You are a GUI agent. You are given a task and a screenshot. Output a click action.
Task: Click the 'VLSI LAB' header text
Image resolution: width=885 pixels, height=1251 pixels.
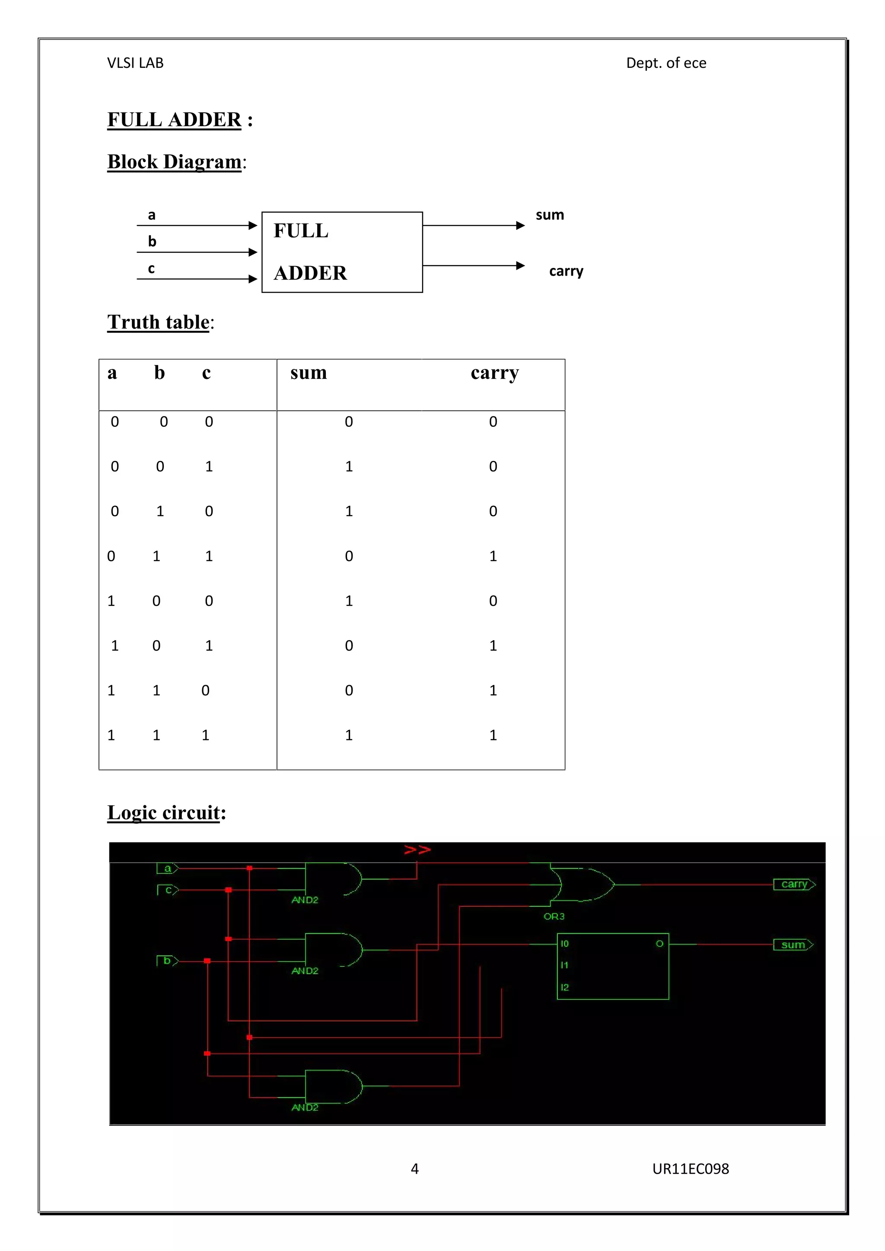135,63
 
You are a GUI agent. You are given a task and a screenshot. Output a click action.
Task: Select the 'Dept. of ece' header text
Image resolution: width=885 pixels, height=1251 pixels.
666,63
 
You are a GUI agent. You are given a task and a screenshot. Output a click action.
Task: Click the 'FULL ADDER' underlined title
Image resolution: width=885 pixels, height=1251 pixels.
175,119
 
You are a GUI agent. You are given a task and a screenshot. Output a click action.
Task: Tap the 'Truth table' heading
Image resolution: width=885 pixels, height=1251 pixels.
159,322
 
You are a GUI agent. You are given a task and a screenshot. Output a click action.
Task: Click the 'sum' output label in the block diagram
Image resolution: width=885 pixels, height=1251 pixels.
550,215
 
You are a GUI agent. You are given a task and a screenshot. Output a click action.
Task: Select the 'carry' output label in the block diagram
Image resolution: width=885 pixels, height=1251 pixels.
566,271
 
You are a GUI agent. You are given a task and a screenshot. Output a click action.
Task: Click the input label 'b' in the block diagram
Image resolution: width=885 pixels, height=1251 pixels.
152,241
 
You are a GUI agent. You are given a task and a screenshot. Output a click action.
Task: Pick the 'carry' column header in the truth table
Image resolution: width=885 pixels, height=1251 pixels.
495,373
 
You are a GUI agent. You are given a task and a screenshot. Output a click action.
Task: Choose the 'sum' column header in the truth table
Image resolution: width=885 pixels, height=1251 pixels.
309,373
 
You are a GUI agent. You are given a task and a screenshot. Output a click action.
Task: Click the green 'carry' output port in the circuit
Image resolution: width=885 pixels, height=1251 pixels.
794,884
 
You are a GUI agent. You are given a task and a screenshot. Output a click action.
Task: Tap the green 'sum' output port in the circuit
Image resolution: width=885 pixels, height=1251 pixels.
793,945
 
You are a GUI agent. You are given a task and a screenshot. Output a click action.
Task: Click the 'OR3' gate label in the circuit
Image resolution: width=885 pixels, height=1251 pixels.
554,917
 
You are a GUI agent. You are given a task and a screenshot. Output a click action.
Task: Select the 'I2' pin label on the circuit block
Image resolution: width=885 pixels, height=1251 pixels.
564,987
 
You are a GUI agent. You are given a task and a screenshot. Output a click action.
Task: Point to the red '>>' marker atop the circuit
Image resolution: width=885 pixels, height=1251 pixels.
417,850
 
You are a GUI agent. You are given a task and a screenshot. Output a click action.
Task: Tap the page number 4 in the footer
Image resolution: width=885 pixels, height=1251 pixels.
415,1169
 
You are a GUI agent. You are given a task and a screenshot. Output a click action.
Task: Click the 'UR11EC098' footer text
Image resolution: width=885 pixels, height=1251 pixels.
691,1169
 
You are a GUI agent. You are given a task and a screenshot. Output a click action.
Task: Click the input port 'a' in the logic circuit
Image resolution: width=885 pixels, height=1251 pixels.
167,869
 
